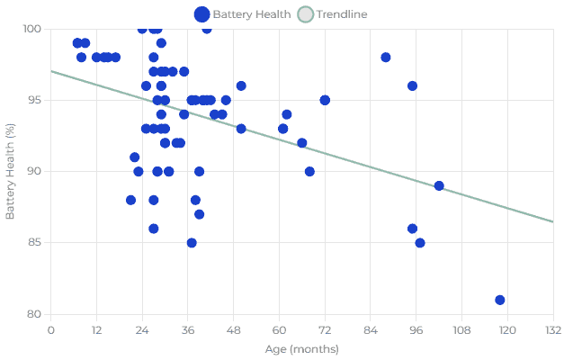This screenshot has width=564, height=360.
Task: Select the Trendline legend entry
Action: pyautogui.click(x=333, y=14)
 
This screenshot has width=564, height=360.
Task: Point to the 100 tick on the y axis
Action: pyautogui.click(x=33, y=29)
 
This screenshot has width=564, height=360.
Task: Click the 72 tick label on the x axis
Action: pyautogui.click(x=325, y=329)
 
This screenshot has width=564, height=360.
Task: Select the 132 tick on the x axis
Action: pyautogui.click(x=552, y=329)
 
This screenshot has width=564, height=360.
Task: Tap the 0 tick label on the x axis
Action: pyautogui.click(x=50, y=329)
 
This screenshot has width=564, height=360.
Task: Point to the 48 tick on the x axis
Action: pyautogui.click(x=233, y=329)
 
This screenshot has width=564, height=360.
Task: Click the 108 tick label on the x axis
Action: pyautogui.click(x=461, y=329)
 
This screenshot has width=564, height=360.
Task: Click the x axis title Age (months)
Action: pyautogui.click(x=301, y=348)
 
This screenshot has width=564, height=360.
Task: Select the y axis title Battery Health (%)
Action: pyautogui.click(x=11, y=171)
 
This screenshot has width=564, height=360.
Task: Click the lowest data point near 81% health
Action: pyautogui.click(x=500, y=300)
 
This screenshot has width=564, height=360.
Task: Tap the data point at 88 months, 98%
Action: pyautogui.click(x=386, y=58)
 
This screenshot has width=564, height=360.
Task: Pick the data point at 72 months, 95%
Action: pyautogui.click(x=325, y=100)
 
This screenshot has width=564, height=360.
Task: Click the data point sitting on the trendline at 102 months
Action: pyautogui.click(x=439, y=185)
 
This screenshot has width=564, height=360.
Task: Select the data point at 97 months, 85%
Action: pyautogui.click(x=420, y=243)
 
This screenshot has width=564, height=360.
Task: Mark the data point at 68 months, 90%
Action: pyautogui.click(x=309, y=171)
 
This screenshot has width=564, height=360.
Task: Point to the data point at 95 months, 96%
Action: pyautogui.click(x=412, y=86)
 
